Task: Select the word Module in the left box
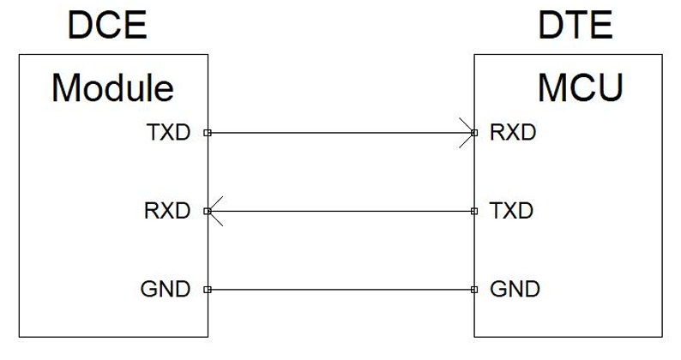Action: pyautogui.click(x=112, y=87)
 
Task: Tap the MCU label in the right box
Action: pyautogui.click(x=581, y=87)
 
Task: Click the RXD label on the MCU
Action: pyautogui.click(x=513, y=133)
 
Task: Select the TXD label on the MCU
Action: pyautogui.click(x=513, y=211)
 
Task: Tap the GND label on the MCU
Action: pyautogui.click(x=515, y=289)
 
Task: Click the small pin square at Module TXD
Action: pyautogui.click(x=207, y=133)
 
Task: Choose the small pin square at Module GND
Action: pyautogui.click(x=207, y=289)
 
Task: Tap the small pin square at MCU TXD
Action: pyautogui.click(x=474, y=211)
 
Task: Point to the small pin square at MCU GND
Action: pyautogui.click(x=474, y=289)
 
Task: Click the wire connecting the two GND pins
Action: pyautogui.click(x=340, y=289)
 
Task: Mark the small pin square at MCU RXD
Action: pyautogui.click(x=474, y=133)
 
